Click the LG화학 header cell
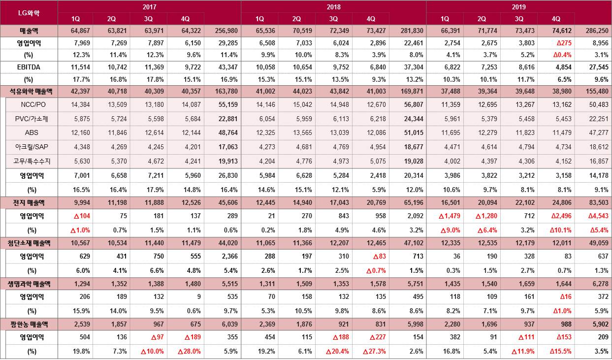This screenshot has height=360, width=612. tap(29, 12)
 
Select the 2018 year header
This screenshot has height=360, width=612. tap(333, 7)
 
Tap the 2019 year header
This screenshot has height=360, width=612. tap(518, 7)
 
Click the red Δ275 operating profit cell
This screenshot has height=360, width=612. tap(556, 43)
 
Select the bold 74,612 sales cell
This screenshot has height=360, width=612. tap(556, 31)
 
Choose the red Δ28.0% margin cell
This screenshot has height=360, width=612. tap(186, 352)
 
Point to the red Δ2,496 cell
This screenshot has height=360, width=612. tap(556, 216)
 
